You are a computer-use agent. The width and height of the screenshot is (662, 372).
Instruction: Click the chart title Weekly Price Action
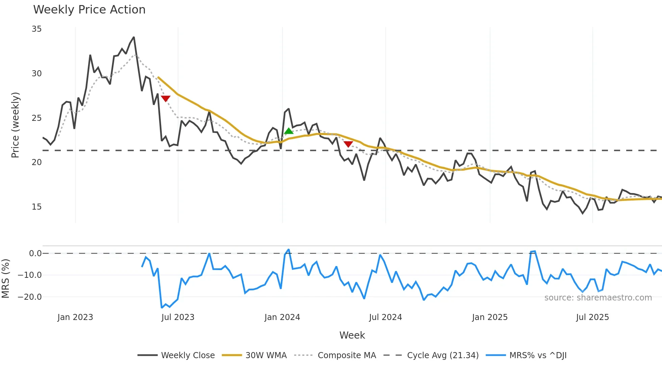(89, 10)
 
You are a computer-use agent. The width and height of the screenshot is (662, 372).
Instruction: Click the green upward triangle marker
(288, 131)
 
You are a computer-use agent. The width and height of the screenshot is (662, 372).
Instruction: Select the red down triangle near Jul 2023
(165, 99)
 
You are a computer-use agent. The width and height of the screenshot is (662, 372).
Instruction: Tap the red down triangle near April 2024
(348, 144)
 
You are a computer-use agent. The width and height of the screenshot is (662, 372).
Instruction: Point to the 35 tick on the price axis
(36, 29)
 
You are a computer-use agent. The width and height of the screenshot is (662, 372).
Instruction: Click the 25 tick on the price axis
(36, 118)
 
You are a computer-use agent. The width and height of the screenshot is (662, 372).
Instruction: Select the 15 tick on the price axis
(36, 207)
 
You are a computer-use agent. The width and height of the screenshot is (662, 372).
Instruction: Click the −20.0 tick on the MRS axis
(30, 297)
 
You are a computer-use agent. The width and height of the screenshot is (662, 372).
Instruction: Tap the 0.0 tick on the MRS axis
(35, 254)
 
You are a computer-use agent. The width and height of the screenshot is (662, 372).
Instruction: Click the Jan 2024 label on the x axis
(282, 317)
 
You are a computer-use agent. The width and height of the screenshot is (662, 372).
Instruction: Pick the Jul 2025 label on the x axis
(592, 317)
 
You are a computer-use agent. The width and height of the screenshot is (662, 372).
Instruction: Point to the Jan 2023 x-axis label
(75, 317)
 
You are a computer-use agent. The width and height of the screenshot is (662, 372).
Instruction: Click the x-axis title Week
(352, 335)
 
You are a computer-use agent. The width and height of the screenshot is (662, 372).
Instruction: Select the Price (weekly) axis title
(15, 125)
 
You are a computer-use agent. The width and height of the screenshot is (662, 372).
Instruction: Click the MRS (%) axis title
(5, 278)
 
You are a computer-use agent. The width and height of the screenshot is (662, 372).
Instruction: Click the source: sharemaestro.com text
(598, 298)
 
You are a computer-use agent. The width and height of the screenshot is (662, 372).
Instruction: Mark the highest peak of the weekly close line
(134, 37)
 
